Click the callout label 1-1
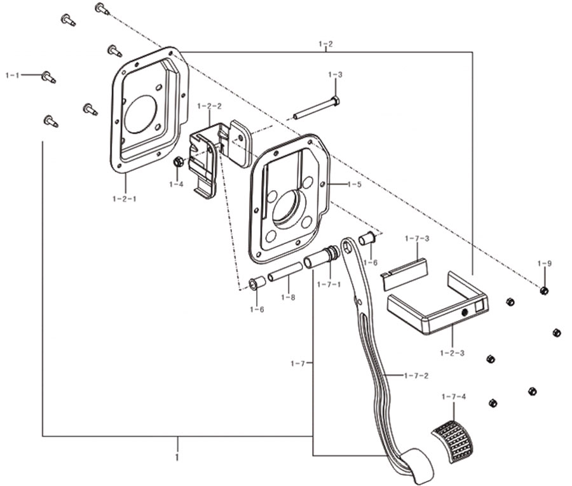pyautogui.click(x=13, y=76)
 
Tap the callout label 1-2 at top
pyautogui.click(x=326, y=44)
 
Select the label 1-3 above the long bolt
pyautogui.click(x=335, y=75)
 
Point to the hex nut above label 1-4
pyautogui.click(x=179, y=161)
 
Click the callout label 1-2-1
pyautogui.click(x=125, y=199)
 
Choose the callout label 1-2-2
pyautogui.click(x=209, y=106)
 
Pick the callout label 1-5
pyautogui.click(x=354, y=184)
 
